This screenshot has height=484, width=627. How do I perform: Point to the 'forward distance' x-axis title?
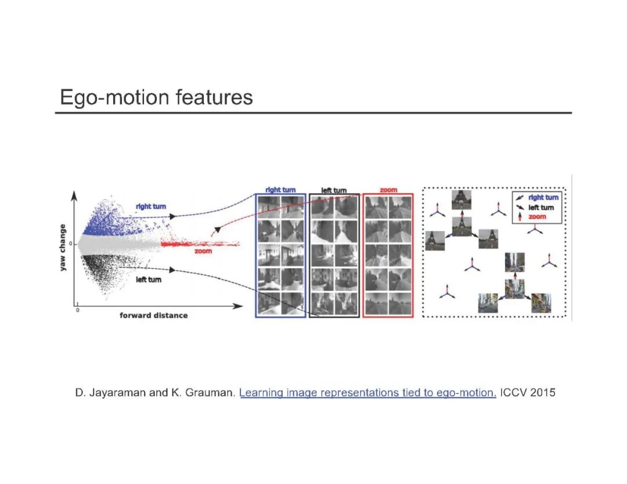point(153,315)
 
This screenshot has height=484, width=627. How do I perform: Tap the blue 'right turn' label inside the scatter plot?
point(151,206)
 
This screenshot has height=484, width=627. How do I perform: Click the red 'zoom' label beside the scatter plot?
point(203,251)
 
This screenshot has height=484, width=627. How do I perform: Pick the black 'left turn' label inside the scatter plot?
point(149,280)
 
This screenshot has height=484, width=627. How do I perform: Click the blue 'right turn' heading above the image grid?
point(280,190)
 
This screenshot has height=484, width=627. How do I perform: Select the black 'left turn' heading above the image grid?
point(334,190)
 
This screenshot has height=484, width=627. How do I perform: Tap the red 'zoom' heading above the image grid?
point(388,190)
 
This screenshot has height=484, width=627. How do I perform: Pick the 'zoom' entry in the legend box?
point(537,216)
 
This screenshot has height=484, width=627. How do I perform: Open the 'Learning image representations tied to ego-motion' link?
point(367,393)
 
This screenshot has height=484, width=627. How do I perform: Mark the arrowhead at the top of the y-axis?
point(74,196)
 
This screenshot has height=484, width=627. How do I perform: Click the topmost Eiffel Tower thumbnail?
point(462,199)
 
